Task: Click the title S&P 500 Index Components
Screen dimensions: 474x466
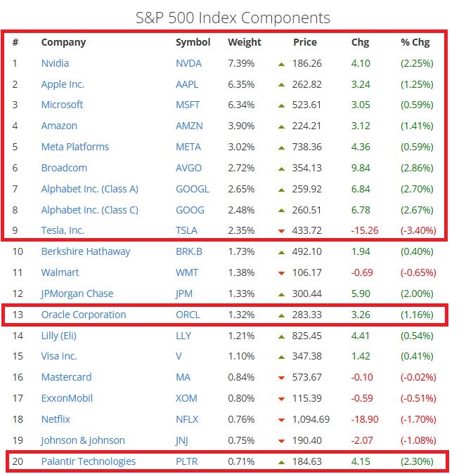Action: pos(233,18)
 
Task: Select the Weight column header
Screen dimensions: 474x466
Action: pos(244,42)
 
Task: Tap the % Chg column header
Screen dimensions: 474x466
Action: pos(415,42)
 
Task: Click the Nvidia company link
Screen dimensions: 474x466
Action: pos(55,63)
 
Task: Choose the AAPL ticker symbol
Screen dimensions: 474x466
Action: pos(187,84)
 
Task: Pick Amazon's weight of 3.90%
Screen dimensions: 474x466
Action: pos(242,126)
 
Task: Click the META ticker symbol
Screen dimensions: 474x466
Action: pos(188,147)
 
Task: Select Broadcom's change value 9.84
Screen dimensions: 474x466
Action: pos(360,168)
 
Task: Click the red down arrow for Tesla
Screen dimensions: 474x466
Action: pos(281,231)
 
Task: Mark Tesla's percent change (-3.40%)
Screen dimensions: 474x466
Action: pos(418,230)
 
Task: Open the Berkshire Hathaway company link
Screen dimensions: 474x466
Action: pos(86,251)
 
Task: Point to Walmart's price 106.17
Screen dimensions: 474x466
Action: pos(307,272)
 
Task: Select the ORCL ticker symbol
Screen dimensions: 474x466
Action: pos(188,315)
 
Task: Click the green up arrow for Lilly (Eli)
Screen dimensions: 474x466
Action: pos(281,336)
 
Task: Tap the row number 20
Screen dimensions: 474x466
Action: pos(17,461)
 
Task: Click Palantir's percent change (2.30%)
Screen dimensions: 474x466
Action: pos(417,461)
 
